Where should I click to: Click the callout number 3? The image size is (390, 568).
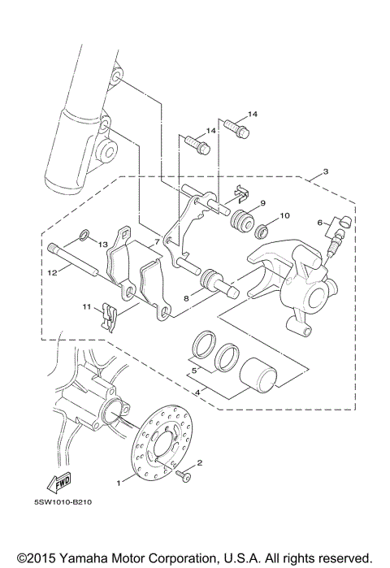tap(324, 171)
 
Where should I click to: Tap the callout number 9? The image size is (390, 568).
tap(262, 202)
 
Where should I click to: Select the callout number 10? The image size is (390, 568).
tap(284, 216)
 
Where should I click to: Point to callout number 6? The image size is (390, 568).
tap(320, 222)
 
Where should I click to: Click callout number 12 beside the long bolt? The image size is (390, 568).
tap(51, 273)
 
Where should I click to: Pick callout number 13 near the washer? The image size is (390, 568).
tap(103, 244)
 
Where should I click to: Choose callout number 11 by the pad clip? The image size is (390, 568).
tap(85, 306)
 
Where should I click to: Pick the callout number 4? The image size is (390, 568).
tap(194, 392)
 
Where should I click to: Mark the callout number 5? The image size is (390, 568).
tap(194, 371)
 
